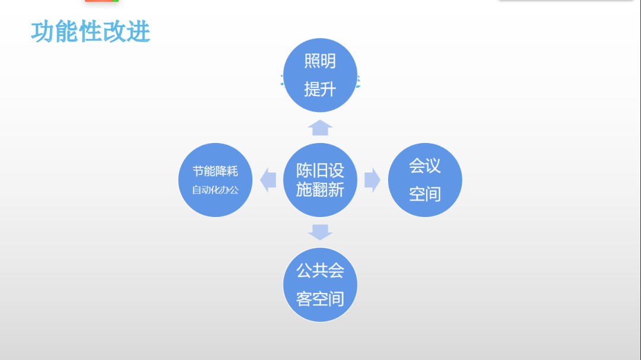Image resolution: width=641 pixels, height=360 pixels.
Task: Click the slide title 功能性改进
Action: pos(90,32)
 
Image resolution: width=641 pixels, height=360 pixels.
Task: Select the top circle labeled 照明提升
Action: pos(320,75)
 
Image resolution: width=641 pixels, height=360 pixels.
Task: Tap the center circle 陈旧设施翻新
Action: pos(320,180)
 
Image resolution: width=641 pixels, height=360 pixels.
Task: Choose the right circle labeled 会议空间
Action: pos(425,180)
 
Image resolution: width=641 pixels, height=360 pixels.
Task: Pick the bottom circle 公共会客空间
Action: pos(320,285)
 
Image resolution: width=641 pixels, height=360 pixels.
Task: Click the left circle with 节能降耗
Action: pos(215,180)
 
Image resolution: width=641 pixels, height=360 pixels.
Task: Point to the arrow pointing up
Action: pos(320,128)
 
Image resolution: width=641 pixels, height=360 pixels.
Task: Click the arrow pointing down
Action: pos(320,232)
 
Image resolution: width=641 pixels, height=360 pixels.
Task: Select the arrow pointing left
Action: pos(268,180)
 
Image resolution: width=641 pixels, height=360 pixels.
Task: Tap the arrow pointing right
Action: pos(372,180)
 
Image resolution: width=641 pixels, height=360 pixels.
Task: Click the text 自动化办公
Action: pos(215,190)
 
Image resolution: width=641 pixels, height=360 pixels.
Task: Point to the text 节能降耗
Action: pos(215,171)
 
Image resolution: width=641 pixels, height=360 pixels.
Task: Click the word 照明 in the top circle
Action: pos(320,61)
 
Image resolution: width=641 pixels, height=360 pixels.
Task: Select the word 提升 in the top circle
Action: pos(320,90)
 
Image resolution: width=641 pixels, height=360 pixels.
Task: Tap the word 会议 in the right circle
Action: pos(425,165)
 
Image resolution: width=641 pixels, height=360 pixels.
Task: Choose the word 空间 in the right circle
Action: pos(425,194)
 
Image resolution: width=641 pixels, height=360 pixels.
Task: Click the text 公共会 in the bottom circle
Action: pos(320,270)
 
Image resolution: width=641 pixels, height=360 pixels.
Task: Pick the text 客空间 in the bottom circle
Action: pos(320,299)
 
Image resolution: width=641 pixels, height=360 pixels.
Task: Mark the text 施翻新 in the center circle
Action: pos(320,190)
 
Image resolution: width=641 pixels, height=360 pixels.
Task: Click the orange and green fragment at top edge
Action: pos(101,1)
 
